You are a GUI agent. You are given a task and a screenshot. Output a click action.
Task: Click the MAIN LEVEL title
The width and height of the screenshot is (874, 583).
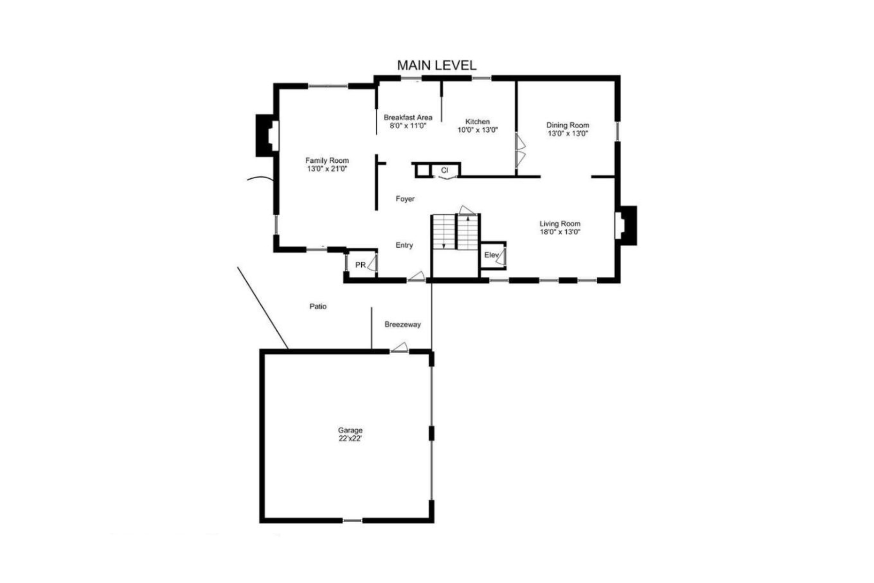(437, 65)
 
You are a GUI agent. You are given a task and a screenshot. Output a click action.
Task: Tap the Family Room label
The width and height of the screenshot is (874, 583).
(327, 160)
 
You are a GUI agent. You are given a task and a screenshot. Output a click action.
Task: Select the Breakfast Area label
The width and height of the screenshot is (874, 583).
(408, 118)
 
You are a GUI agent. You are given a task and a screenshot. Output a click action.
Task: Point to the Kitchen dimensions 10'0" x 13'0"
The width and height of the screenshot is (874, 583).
(478, 130)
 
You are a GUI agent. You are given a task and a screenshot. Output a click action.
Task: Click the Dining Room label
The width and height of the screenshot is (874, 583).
(568, 125)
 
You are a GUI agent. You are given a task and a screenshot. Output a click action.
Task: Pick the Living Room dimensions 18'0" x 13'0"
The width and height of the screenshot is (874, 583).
(560, 232)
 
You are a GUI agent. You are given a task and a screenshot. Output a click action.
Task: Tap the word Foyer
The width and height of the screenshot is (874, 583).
(405, 199)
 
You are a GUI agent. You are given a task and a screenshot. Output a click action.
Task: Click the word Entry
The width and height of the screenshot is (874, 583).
(404, 245)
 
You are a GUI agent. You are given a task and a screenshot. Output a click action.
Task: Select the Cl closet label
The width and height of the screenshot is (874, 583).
(444, 170)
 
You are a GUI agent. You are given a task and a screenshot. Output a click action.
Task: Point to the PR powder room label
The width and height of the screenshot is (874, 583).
(360, 265)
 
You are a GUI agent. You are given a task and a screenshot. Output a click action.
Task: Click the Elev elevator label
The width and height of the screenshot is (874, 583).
(491, 255)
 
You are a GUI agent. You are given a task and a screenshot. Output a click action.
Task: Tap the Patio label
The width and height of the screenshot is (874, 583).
(318, 306)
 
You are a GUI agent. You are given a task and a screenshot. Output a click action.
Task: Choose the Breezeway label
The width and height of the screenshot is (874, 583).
(403, 324)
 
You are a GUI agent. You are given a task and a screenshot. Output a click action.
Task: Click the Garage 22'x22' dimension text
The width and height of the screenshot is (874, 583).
(351, 438)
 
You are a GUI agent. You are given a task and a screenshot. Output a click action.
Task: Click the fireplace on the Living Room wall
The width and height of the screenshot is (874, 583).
(626, 225)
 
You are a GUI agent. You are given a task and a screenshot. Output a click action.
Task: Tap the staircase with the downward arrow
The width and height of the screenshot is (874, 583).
(444, 232)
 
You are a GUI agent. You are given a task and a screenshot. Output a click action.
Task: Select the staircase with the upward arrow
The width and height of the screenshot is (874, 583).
(468, 232)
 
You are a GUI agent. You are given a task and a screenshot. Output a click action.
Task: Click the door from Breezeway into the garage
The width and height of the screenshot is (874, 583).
(400, 347)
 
